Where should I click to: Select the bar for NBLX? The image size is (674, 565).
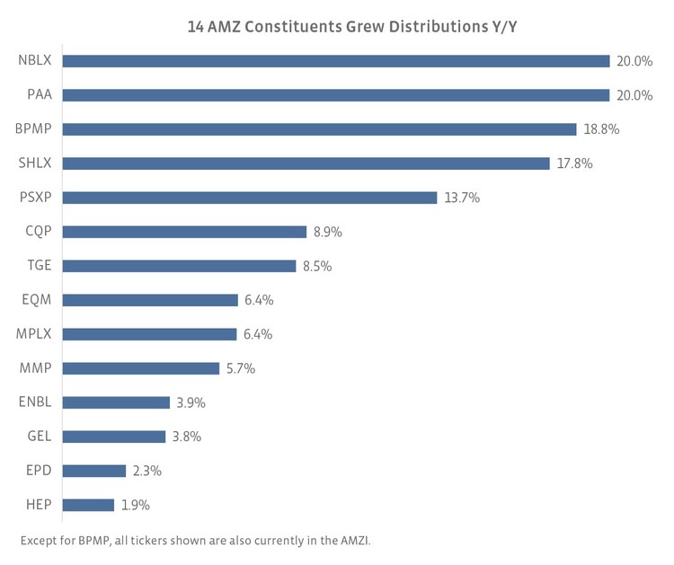[x=335, y=61]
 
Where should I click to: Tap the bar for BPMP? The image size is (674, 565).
[x=319, y=129]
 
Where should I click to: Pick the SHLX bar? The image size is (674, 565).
[x=306, y=163]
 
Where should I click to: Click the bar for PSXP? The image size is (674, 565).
[x=249, y=198]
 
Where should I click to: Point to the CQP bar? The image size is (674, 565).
[x=184, y=232]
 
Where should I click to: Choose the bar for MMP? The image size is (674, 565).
[x=140, y=368]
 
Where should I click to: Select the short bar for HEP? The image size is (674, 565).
[x=88, y=505]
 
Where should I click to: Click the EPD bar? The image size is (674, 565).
[x=93, y=471]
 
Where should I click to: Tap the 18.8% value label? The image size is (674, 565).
[x=601, y=129]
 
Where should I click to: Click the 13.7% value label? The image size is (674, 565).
[x=462, y=198]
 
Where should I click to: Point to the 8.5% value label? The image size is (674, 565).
[x=318, y=266]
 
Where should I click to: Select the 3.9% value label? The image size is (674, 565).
[x=191, y=402]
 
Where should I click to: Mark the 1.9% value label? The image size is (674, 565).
[x=136, y=505]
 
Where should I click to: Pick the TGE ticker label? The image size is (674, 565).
[x=39, y=266]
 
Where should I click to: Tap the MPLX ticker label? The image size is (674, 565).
[x=35, y=334]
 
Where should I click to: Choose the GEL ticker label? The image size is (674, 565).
[x=40, y=437]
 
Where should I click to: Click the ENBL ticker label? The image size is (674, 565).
[x=35, y=402]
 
